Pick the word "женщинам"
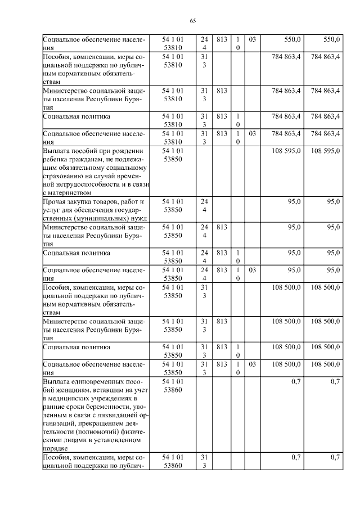70,390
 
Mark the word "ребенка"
56,160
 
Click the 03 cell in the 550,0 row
252,39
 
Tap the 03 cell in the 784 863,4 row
252,134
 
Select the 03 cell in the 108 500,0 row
252,364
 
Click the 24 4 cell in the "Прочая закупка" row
204,205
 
